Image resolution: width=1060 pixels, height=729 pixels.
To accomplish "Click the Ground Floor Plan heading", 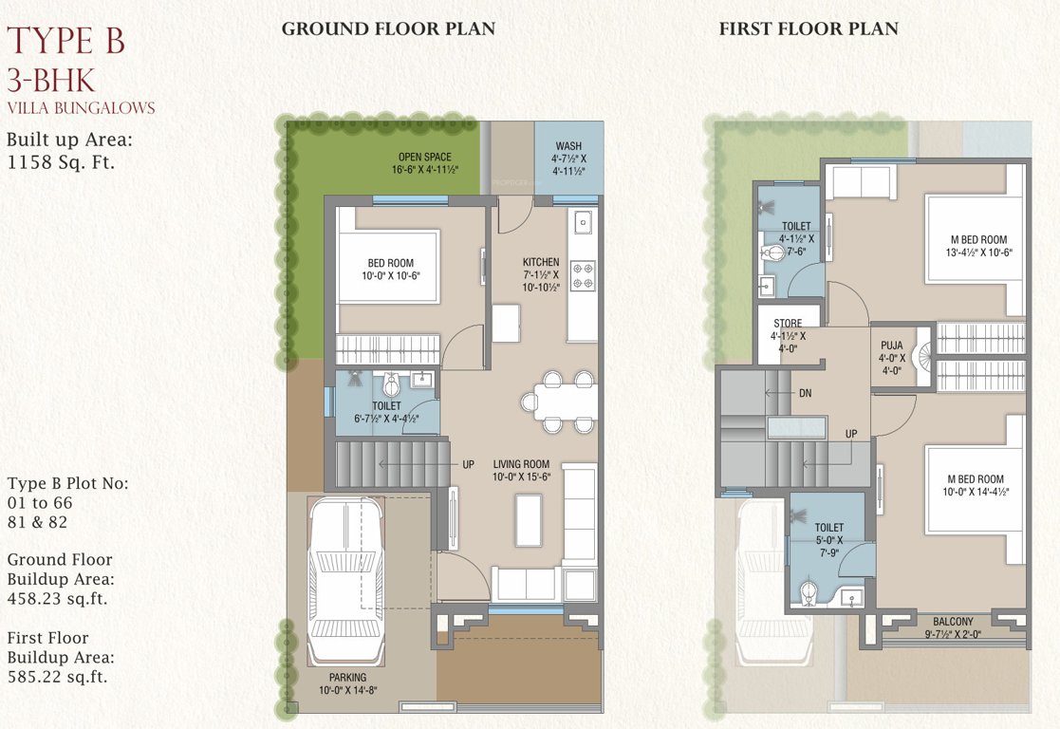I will pyautogui.click(x=387, y=28).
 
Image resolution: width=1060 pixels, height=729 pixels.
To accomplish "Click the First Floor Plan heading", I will pyautogui.click(x=808, y=28).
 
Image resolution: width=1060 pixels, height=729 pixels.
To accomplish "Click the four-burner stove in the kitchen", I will pyautogui.click(x=582, y=275).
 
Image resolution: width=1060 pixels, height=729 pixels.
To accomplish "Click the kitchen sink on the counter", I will pyautogui.click(x=582, y=224).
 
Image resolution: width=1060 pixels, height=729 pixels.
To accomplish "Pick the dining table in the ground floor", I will pyautogui.click(x=558, y=401).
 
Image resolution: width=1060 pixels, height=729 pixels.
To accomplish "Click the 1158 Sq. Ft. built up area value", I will pyautogui.click(x=61, y=162).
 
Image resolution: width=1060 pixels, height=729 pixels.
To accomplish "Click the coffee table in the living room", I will pyautogui.click(x=529, y=520).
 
